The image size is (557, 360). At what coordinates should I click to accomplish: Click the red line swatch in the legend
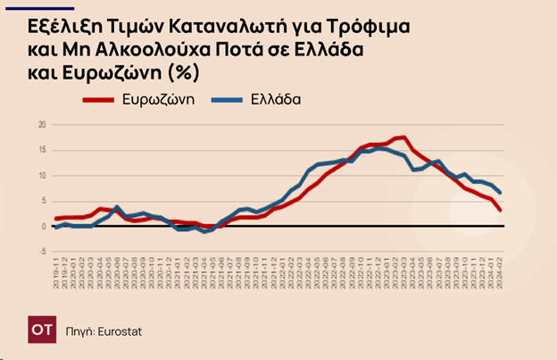click(x=99, y=99)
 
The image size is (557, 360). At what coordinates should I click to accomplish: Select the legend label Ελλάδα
click(x=275, y=99)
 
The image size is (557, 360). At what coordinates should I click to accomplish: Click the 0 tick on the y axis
click(x=42, y=226)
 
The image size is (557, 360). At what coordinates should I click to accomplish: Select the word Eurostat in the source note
click(x=121, y=331)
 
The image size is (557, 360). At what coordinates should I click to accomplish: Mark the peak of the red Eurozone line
click(x=403, y=138)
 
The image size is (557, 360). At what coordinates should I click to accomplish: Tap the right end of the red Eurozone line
click(x=500, y=211)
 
